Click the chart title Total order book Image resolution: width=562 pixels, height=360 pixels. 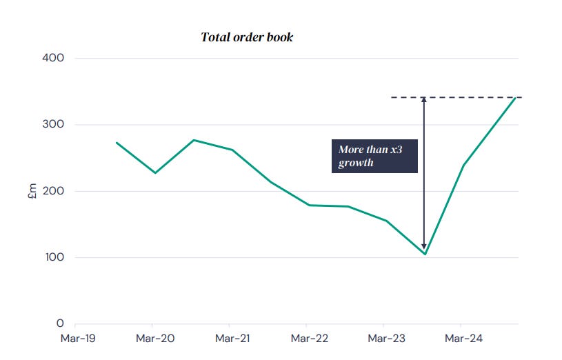(x=247, y=37)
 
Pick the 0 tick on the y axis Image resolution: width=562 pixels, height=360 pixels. (x=60, y=323)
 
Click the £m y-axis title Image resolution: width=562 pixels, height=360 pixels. (x=31, y=191)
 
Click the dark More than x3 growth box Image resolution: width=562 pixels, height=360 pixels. (x=374, y=157)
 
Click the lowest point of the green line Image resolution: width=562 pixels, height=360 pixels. (x=425, y=254)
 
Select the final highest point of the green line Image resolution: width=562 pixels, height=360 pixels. (x=516, y=98)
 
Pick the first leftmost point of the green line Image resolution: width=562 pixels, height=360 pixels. (x=117, y=143)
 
